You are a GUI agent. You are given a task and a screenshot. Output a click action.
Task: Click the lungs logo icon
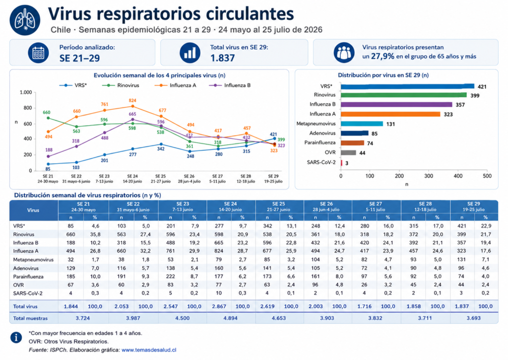[x=25, y=20]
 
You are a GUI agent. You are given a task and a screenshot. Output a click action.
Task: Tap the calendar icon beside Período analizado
[x=38, y=53]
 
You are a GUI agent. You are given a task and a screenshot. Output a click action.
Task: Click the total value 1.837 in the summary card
[x=222, y=58]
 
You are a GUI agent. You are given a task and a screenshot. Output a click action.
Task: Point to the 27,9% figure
[x=382, y=57]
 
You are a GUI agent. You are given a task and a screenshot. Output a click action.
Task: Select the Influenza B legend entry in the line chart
[x=230, y=85]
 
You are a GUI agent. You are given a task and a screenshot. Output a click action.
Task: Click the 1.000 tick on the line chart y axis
[x=26, y=92]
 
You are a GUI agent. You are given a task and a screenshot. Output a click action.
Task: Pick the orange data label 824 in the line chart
[x=132, y=100]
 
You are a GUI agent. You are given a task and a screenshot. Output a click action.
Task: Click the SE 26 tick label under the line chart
[x=189, y=176]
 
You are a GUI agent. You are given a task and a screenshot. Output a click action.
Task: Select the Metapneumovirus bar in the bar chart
[x=362, y=124]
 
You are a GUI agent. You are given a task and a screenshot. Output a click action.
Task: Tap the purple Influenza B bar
[x=396, y=104]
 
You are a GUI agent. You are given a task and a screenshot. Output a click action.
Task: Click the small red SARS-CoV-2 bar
[x=341, y=163]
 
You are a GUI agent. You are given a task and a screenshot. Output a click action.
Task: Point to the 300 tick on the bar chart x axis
[x=428, y=176]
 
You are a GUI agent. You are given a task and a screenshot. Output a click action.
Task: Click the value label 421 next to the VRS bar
[x=482, y=86]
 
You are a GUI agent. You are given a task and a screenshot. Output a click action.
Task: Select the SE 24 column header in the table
[x=230, y=207]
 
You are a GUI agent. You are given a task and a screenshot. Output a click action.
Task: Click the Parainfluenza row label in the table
[x=28, y=277]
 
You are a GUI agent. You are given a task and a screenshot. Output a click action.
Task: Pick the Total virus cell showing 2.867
[x=219, y=306]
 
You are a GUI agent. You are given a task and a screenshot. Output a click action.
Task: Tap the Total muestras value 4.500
[x=183, y=318]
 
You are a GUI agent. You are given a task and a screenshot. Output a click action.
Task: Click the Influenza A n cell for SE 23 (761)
[x=171, y=251]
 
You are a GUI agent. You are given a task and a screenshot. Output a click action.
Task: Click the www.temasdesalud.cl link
[x=149, y=350]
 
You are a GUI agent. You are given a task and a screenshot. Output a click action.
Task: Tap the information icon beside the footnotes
[x=16, y=337]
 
